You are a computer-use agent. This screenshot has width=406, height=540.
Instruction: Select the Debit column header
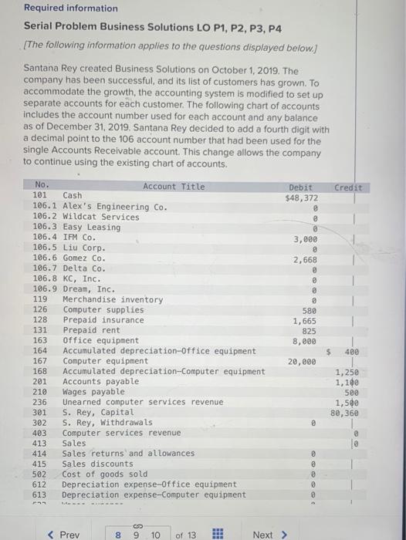coord(301,187)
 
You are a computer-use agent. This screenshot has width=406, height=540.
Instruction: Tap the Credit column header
coord(347,187)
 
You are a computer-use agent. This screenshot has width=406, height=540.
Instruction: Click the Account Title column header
coord(174,187)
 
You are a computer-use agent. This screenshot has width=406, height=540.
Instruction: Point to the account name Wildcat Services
coord(101,218)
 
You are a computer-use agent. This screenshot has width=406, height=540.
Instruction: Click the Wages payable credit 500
coord(348,392)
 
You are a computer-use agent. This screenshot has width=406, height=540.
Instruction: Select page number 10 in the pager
coord(157,535)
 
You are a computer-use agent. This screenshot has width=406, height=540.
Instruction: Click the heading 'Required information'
coord(70,8)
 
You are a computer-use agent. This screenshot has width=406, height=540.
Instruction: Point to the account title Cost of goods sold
coord(105,474)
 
